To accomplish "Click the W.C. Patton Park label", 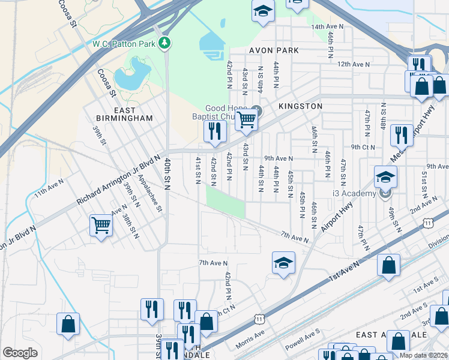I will tap(124, 43).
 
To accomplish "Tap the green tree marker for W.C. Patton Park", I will tap(164, 43).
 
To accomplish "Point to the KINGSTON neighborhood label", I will tap(300, 106).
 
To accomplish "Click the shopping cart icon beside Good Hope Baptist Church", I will tap(246, 119).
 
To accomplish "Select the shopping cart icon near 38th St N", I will tap(101, 226).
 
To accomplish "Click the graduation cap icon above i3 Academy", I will tap(385, 176).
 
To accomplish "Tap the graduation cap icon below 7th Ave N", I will tap(283, 262).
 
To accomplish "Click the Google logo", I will tap(20, 352).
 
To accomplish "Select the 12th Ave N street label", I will tap(353, 64).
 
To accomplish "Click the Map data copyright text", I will tap(424, 355).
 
